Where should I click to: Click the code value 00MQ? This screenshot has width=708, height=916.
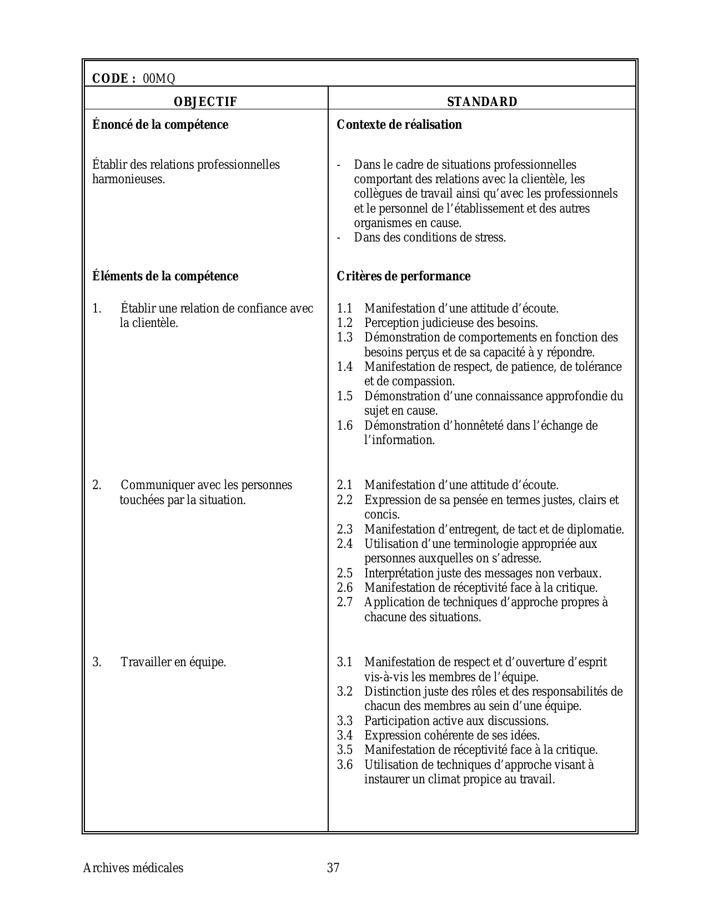click(x=159, y=79)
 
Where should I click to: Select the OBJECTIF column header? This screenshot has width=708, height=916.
click(x=205, y=102)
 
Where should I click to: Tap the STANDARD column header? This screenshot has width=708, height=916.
click(x=482, y=102)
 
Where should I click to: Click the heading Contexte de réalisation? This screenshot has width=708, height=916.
click(x=399, y=124)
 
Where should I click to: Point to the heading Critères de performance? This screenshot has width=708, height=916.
click(x=404, y=276)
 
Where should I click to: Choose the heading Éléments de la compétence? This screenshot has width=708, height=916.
click(x=165, y=276)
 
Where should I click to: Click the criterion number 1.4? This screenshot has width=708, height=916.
click(x=345, y=367)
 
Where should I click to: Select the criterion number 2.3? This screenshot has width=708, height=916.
click(x=345, y=530)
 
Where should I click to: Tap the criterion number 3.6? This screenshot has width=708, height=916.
click(x=345, y=765)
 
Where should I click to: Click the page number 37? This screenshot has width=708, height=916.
click(x=333, y=868)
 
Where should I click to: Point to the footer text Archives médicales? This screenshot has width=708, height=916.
click(x=133, y=868)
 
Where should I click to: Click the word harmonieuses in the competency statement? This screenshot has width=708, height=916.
click(x=128, y=179)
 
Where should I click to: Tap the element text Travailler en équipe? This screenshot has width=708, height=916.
click(x=173, y=662)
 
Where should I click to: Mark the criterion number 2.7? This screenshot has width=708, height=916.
click(x=345, y=602)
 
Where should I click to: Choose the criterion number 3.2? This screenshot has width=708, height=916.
click(x=345, y=692)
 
